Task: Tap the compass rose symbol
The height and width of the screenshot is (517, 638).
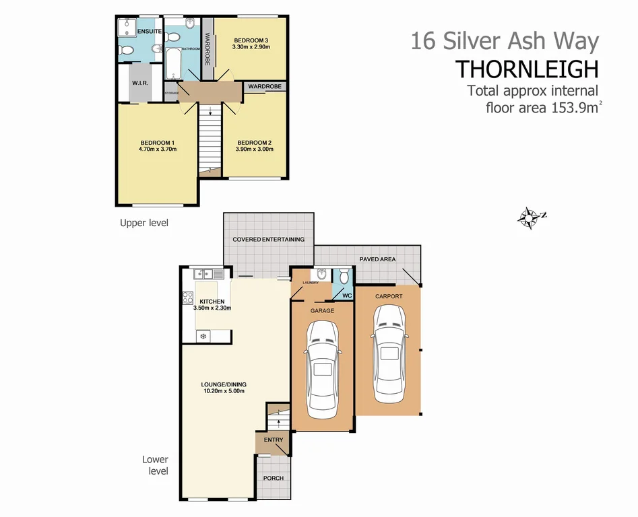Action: click(x=530, y=217)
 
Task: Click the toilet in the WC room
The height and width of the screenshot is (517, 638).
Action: click(x=344, y=276)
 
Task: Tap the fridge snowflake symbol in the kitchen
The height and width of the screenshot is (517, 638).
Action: click(x=202, y=335)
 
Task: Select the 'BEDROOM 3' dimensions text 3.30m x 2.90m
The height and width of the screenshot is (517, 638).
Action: click(x=251, y=47)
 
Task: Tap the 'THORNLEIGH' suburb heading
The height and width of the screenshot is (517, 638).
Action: click(x=527, y=69)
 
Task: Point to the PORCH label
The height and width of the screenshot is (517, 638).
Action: click(x=273, y=479)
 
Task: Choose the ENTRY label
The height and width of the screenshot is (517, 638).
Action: click(x=273, y=440)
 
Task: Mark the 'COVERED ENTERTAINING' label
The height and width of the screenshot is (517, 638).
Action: click(x=268, y=240)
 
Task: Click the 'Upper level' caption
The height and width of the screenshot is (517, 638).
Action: click(x=143, y=223)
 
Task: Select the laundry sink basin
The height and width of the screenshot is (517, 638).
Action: click(x=321, y=274)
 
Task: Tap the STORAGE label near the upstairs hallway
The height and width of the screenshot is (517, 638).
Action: click(x=171, y=93)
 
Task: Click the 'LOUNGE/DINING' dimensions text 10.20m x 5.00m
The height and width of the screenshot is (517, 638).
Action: click(x=223, y=390)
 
